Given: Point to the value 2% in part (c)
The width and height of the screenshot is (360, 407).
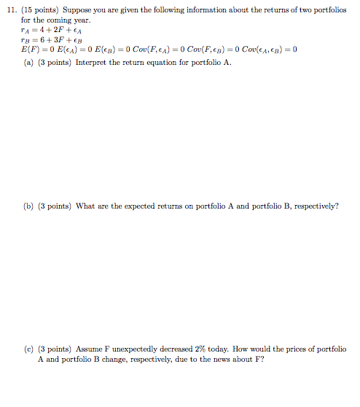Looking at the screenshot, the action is (206, 349).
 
